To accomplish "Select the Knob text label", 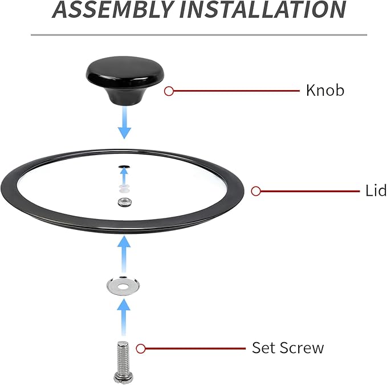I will (325, 90).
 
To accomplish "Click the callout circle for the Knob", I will (169, 91).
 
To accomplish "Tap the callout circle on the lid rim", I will (256, 191).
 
